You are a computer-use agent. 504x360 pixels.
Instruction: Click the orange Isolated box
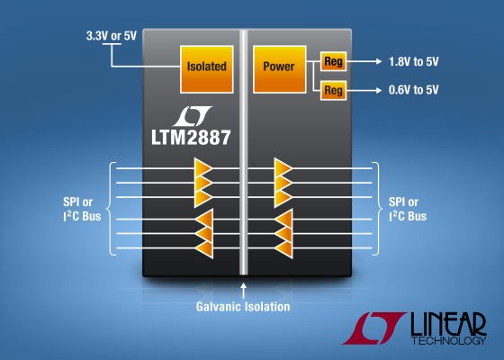click(207, 66)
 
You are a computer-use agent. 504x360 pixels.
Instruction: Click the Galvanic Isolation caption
click(244, 307)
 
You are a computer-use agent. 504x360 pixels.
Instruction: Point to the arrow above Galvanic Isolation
click(244, 289)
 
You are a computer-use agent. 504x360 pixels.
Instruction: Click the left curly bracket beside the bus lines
click(109, 209)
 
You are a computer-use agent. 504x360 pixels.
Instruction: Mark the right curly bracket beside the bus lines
click(377, 209)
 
